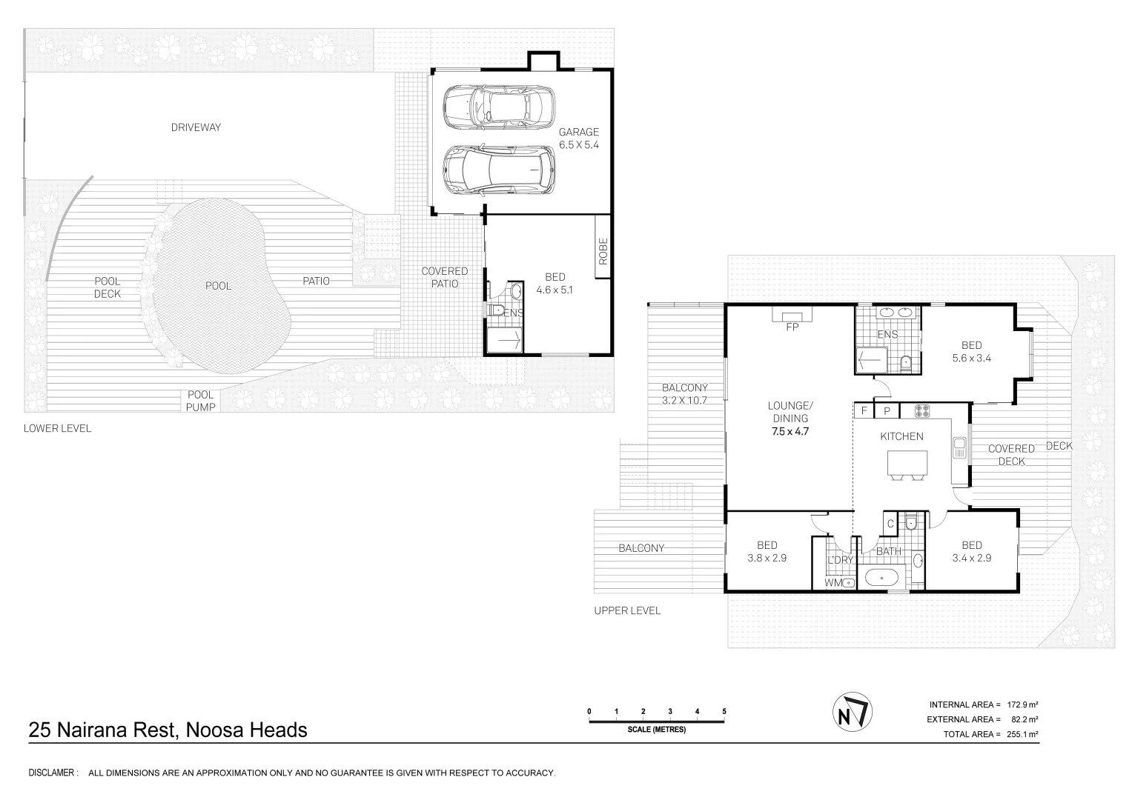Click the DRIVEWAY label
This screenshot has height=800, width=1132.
click(x=196, y=127)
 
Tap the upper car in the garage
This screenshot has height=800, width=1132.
click(x=499, y=107)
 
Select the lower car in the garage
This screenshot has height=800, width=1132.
click(x=499, y=170)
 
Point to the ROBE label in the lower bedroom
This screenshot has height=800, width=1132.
click(x=603, y=252)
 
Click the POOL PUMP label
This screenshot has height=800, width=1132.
click(x=201, y=401)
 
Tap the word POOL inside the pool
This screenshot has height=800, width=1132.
click(x=218, y=286)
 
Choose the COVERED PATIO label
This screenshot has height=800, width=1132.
click(x=445, y=277)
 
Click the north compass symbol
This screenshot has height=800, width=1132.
click(x=852, y=712)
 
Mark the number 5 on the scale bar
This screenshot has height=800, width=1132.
click(x=724, y=711)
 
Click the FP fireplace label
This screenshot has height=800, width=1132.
click(x=792, y=327)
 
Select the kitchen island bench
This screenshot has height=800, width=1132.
click(x=907, y=463)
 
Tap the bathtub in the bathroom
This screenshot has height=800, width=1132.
click(x=882, y=577)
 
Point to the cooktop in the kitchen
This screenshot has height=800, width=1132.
click(x=922, y=410)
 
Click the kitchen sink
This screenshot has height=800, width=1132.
click(x=959, y=447)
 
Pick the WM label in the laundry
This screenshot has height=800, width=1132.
click(x=833, y=582)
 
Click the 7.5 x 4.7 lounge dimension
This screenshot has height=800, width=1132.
click(x=790, y=431)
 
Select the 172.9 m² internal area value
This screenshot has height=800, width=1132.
click(x=1023, y=704)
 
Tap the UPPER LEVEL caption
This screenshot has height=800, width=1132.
click(x=627, y=610)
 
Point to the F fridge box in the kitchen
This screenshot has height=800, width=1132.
click(x=864, y=410)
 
